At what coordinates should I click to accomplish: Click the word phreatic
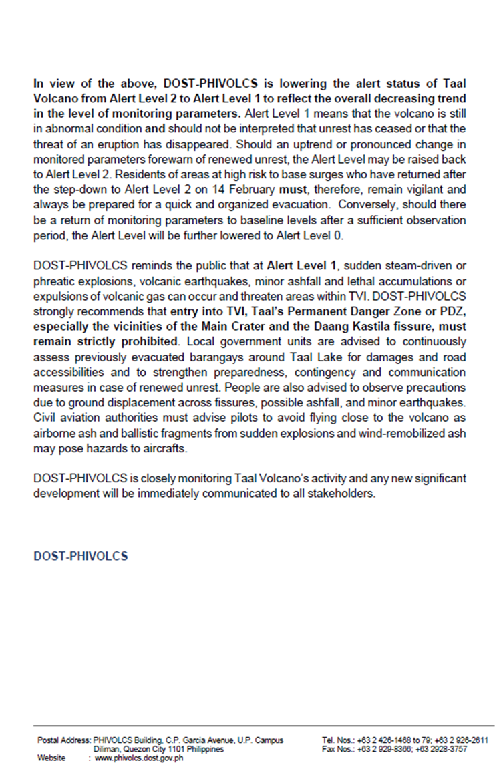(x=53, y=277)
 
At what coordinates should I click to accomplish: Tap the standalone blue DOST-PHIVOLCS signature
(x=80, y=556)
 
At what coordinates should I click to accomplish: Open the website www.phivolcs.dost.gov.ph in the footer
(x=139, y=758)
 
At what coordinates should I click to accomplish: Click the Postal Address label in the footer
(x=63, y=740)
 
